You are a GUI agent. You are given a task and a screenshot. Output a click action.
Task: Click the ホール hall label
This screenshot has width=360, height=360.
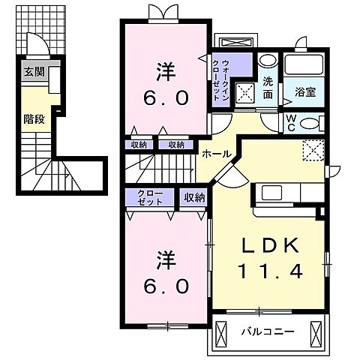coord(216,154)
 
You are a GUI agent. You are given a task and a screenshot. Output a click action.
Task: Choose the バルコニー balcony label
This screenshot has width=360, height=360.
coord(268,331)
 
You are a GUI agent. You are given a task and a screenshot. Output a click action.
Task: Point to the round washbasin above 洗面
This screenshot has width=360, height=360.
coord(267,62)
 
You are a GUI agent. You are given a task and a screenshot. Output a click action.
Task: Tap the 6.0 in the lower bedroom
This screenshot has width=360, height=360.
coord(166,286)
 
